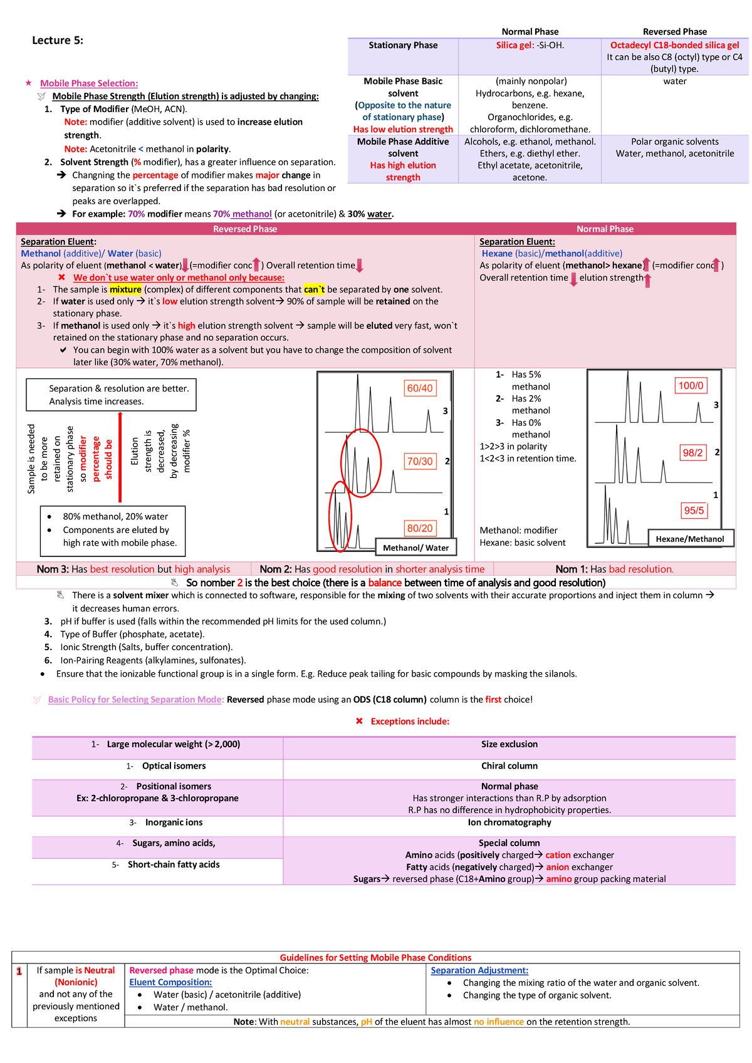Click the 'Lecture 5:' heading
point(58,41)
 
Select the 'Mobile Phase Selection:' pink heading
point(89,83)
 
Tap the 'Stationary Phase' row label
point(403,45)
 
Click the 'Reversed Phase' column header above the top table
point(674,31)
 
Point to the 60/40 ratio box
point(420,388)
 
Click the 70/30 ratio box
point(420,462)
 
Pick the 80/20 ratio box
point(420,528)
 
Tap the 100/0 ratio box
point(691,386)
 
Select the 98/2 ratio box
point(692,453)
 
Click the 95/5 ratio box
point(694,511)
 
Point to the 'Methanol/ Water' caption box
point(415,547)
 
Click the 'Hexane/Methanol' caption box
point(689,539)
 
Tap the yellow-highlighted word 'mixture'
point(125,289)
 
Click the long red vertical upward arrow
point(120,457)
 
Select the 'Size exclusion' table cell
point(509,744)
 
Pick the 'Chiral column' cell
point(509,766)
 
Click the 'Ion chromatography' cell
point(509,822)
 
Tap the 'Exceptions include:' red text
point(410,722)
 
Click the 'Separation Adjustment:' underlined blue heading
point(479,970)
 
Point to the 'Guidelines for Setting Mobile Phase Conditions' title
point(375,958)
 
